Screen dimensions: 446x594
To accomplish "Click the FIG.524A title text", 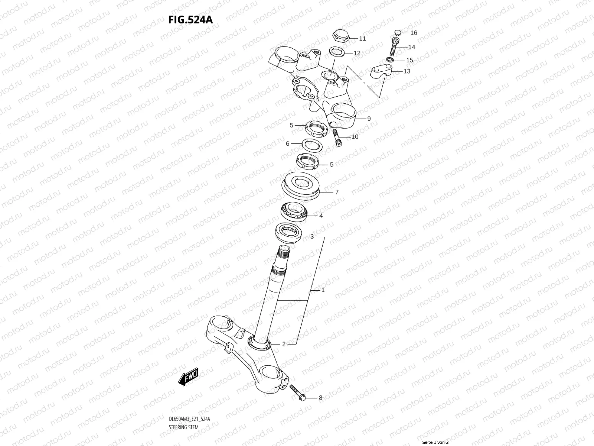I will tap(191, 19).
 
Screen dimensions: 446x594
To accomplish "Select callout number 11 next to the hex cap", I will tap(362, 39).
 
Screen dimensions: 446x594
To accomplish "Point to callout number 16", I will tap(414, 33).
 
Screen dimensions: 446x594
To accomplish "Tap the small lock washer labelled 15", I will tap(390, 60).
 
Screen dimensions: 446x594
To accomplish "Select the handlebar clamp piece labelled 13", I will tap(382, 71).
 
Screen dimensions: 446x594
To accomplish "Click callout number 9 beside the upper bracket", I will tap(369, 119).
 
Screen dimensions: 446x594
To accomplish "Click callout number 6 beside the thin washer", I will tap(287, 143).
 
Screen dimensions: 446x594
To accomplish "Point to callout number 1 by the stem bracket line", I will tap(323, 290).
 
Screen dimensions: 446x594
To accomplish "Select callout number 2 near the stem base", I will tap(284, 344).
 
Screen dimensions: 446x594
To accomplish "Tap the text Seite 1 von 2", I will tap(435, 442).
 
